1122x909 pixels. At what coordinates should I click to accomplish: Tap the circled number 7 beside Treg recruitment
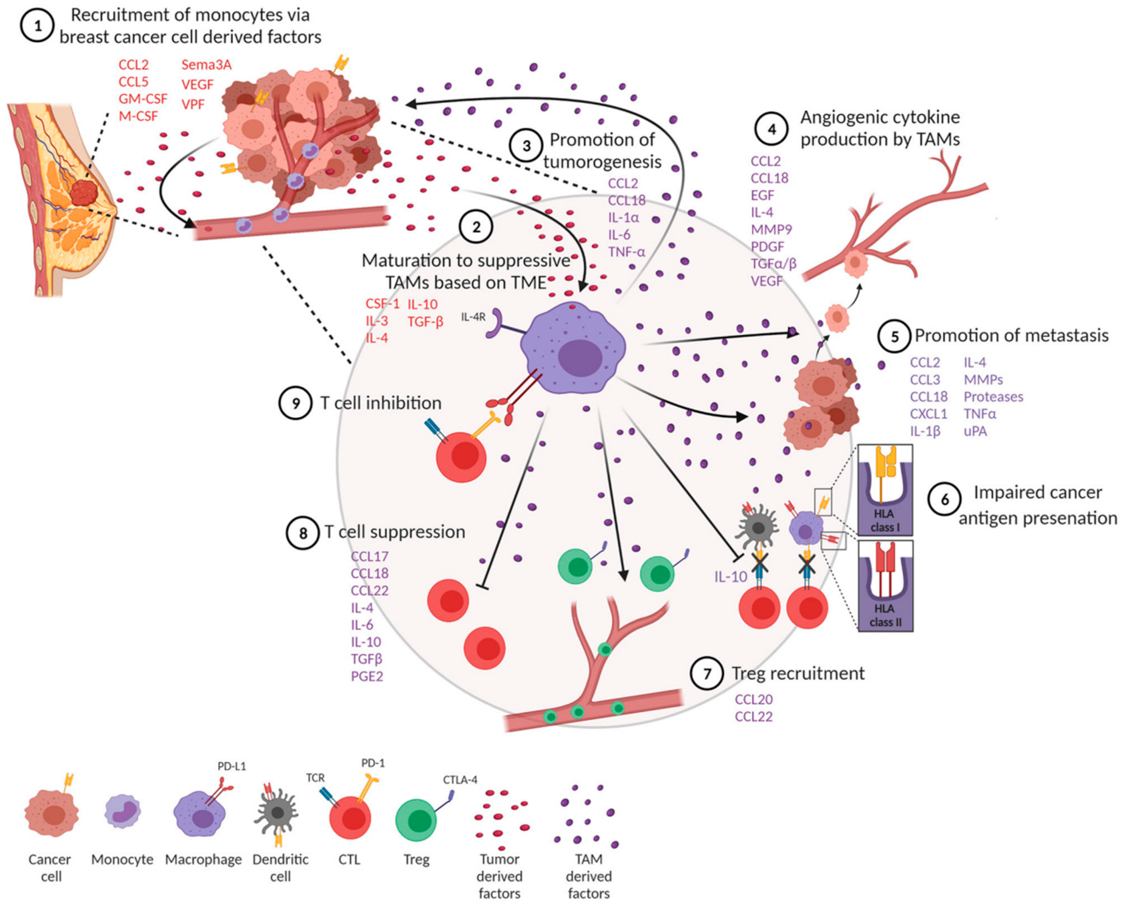pyautogui.click(x=707, y=673)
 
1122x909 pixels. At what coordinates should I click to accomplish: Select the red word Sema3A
pyautogui.click(x=206, y=65)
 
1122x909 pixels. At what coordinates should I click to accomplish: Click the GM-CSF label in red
pyautogui.click(x=143, y=98)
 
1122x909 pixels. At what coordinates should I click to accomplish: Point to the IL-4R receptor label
pyautogui.click(x=473, y=317)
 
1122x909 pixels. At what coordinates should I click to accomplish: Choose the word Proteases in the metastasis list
pyautogui.click(x=993, y=397)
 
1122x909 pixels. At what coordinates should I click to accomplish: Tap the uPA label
pyautogui.click(x=975, y=432)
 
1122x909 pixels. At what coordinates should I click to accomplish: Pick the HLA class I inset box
pyautogui.click(x=885, y=490)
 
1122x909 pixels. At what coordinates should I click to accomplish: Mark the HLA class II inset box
pyautogui.click(x=885, y=585)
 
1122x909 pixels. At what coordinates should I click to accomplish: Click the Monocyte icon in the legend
pyautogui.click(x=123, y=811)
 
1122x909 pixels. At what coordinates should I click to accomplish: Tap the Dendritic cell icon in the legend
pyautogui.click(x=277, y=813)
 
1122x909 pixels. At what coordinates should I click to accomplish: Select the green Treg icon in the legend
pyautogui.click(x=416, y=820)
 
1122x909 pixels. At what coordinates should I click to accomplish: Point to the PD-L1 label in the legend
pyautogui.click(x=232, y=766)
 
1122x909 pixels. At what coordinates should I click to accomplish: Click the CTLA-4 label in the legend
pyautogui.click(x=460, y=779)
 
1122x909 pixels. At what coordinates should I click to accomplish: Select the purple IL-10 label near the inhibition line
pyautogui.click(x=731, y=577)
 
